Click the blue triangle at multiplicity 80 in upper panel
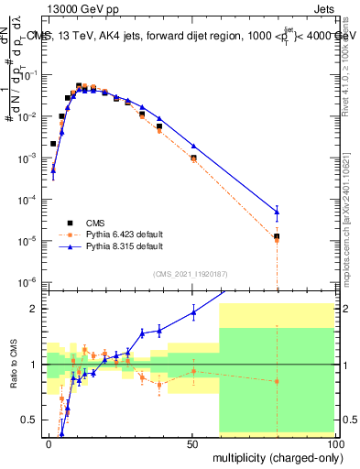tap(277, 212)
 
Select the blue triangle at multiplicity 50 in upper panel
tap(193, 147)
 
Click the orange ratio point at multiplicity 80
tap(277, 381)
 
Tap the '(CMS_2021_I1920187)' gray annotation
tap(190, 273)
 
